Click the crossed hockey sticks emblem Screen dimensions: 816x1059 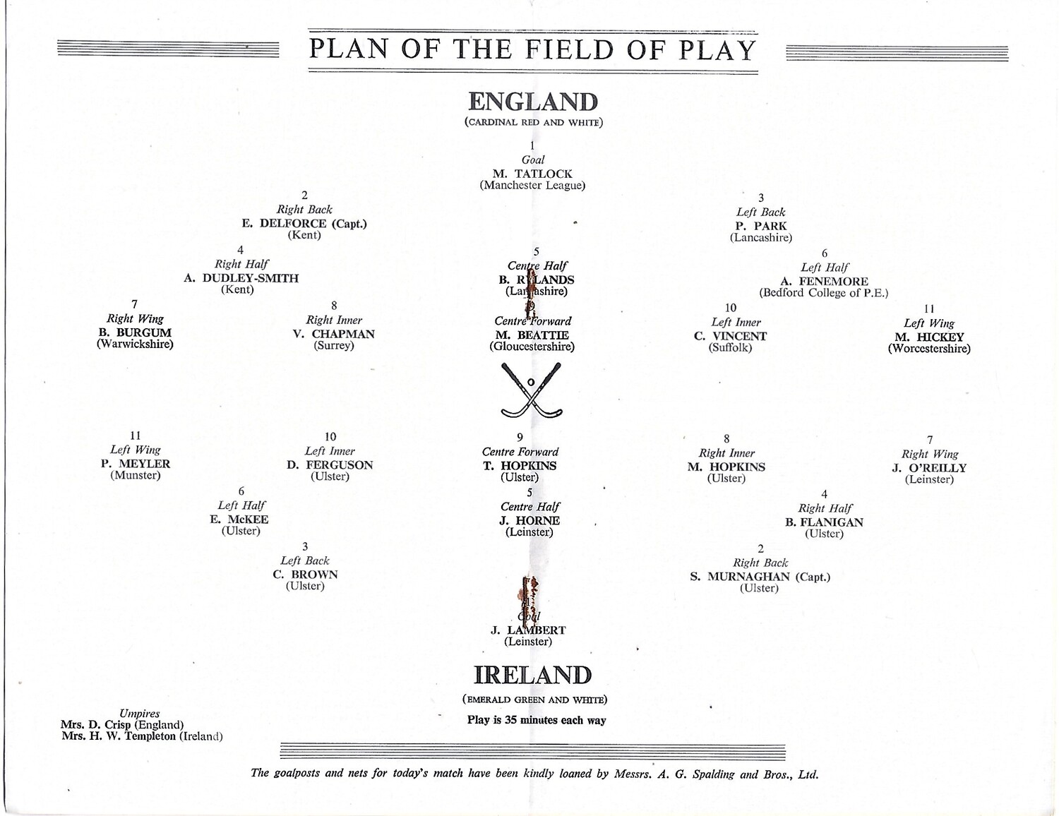point(531,390)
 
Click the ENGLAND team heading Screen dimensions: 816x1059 point(533,102)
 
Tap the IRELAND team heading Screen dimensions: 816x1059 point(532,675)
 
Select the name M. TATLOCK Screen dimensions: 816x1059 point(532,174)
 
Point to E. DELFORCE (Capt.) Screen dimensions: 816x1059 point(304,224)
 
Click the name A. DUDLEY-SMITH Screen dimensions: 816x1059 point(241,278)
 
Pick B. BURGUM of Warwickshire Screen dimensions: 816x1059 point(135,332)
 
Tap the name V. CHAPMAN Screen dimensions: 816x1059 point(334,334)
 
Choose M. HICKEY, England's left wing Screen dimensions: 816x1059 point(929,337)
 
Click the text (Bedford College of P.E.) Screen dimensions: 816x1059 point(824,293)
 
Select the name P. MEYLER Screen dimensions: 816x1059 point(136,464)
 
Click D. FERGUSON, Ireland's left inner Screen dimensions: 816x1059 point(330,465)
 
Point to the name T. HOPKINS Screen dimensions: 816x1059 point(520,466)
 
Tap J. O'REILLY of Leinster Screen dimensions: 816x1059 point(929,468)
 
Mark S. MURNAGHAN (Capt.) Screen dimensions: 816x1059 point(760,577)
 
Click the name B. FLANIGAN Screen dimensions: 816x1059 point(824,522)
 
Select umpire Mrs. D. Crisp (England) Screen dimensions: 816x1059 point(122,725)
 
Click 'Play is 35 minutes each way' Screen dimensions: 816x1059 point(537,721)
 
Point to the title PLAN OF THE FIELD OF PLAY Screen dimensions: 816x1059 point(533,49)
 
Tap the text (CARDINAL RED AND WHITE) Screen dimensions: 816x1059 point(533,122)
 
